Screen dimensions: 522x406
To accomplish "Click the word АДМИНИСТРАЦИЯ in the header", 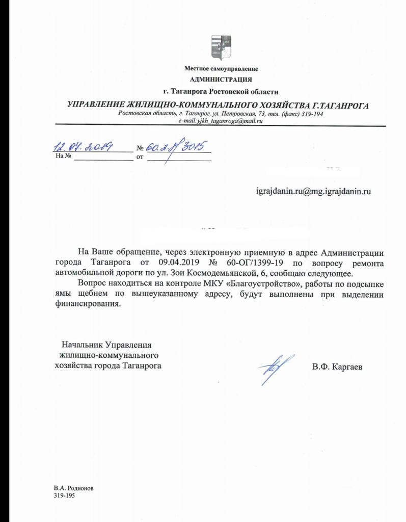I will [221, 79].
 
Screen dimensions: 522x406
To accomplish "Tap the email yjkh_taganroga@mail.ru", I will [220, 121].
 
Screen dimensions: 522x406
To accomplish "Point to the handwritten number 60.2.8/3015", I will [173, 147].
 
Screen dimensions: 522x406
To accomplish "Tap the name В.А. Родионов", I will [73, 488].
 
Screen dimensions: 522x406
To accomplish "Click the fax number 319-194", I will [311, 114].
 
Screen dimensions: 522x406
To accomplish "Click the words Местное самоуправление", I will [221, 68].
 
